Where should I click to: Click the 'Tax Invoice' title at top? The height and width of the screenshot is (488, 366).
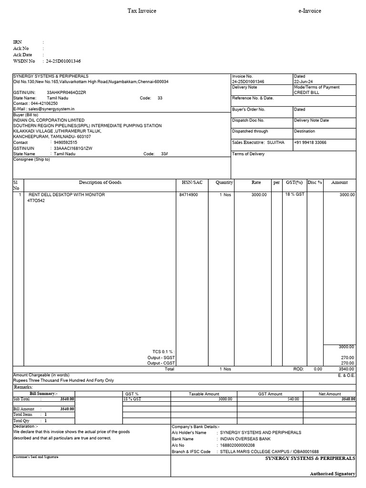click(x=142, y=11)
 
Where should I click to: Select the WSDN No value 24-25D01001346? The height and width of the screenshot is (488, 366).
click(x=63, y=61)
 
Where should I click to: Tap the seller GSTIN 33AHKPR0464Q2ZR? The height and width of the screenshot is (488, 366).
click(x=66, y=92)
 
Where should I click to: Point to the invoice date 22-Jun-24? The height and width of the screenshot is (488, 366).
click(x=304, y=81)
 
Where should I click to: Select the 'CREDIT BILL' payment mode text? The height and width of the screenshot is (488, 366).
click(x=306, y=92)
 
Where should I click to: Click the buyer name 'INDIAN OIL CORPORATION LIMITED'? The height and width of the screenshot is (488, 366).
click(x=49, y=120)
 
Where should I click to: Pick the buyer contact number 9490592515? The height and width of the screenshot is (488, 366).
click(x=66, y=142)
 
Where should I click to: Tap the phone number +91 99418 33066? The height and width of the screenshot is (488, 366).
click(x=310, y=142)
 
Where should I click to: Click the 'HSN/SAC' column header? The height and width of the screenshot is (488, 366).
click(x=192, y=183)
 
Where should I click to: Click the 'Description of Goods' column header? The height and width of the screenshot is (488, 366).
click(x=100, y=183)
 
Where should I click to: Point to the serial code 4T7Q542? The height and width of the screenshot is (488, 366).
click(x=36, y=201)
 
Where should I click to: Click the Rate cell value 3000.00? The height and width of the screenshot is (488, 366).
click(x=259, y=195)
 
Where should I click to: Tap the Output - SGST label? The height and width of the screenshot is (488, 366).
click(x=161, y=357)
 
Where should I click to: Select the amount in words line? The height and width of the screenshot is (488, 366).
click(x=63, y=381)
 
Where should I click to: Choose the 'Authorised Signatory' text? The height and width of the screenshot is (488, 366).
click(x=332, y=474)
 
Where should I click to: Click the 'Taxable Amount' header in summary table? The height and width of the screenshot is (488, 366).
click(x=204, y=394)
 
